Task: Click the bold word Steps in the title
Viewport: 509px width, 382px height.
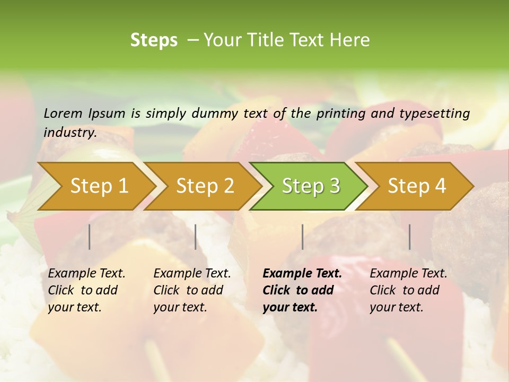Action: [x=154, y=40]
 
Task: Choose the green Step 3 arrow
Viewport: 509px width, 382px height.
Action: [x=311, y=186]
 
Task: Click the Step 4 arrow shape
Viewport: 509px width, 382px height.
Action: [x=417, y=186]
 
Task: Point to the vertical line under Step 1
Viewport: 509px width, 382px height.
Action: [x=90, y=237]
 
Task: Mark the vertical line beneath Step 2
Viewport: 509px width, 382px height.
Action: [x=196, y=237]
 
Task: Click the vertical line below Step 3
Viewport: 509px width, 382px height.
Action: [x=303, y=237]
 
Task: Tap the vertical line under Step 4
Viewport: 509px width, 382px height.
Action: [x=410, y=237]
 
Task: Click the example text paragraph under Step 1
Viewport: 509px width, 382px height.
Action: [x=86, y=290]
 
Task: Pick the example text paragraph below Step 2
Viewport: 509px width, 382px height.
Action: [x=192, y=290]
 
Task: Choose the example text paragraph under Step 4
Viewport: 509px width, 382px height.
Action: [x=408, y=290]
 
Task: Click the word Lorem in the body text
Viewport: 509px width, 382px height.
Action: [x=63, y=113]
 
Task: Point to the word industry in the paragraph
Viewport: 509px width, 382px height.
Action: [x=69, y=132]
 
